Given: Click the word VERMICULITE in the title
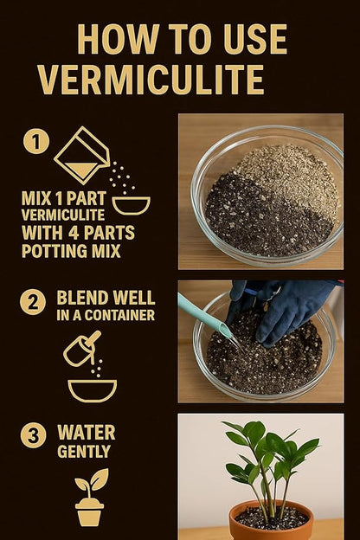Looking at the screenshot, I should point(151,79).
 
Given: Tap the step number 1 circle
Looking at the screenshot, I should point(35,140).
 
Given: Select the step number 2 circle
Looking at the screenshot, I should point(33,303).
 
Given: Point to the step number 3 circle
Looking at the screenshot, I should point(33,435).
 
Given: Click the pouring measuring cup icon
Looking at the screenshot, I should point(82,156).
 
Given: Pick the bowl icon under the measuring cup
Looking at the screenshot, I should point(132,205).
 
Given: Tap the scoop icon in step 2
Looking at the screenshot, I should point(81,348).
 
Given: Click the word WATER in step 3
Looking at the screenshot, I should point(86,432).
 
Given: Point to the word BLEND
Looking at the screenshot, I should point(80,297).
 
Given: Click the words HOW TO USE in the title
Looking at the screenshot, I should point(182,39).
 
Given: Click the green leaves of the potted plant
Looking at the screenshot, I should point(268,454).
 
